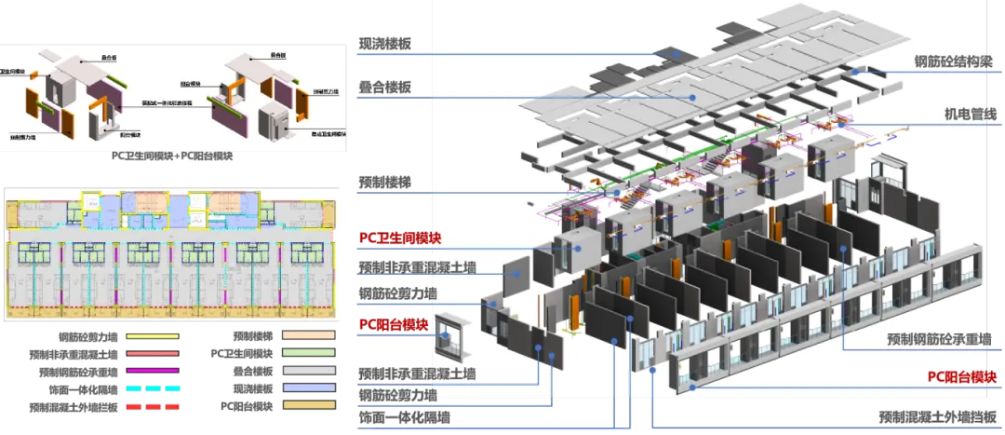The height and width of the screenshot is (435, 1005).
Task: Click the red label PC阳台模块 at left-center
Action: [x=394, y=325]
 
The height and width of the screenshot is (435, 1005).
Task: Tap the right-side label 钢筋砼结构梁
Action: [x=958, y=63]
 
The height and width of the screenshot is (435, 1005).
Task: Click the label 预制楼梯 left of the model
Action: [x=384, y=179]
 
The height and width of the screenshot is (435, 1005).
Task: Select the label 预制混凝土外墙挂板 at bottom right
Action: [x=941, y=416]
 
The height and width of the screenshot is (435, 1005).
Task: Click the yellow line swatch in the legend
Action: [x=152, y=337]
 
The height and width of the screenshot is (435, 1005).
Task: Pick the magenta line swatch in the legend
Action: [x=152, y=372]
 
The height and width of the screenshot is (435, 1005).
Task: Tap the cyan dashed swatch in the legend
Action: [x=152, y=388]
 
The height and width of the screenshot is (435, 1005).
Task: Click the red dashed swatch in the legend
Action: [x=152, y=407]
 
